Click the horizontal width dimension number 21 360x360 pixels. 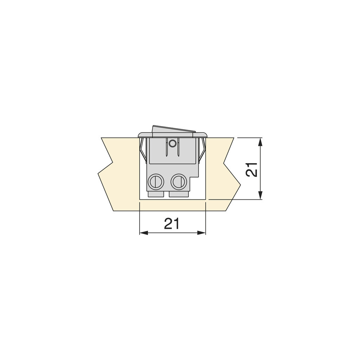click(x=172, y=223)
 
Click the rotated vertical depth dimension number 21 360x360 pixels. click(x=252, y=169)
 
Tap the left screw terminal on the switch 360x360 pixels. click(x=155, y=182)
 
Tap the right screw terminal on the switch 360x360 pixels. click(x=178, y=182)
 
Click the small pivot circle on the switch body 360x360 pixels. click(x=172, y=143)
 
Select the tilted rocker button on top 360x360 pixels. click(x=173, y=129)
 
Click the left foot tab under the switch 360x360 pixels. click(x=156, y=194)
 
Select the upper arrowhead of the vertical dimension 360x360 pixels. click(x=260, y=141)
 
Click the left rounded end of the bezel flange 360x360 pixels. click(x=140, y=135)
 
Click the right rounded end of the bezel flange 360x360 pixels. click(x=205, y=135)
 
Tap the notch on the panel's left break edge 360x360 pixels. click(x=112, y=163)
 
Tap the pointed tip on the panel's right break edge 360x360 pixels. click(x=240, y=184)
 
